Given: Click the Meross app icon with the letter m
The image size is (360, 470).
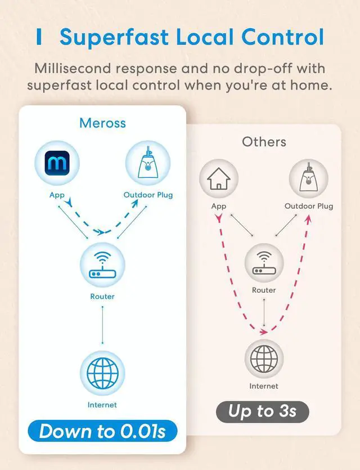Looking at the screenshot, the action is [x=57, y=164].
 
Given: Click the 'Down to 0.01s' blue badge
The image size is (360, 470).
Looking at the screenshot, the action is [x=102, y=431].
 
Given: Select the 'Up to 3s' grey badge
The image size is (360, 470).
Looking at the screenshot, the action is [x=263, y=411].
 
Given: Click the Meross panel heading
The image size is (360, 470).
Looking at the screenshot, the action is [x=102, y=123].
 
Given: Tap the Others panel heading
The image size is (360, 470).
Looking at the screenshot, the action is [x=264, y=141].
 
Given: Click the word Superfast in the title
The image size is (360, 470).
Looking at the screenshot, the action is [x=114, y=37].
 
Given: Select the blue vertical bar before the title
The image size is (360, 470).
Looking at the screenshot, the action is [x=39, y=37].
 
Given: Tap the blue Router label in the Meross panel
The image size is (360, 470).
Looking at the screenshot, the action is [x=102, y=296].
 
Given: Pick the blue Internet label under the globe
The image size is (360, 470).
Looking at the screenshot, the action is [x=102, y=404].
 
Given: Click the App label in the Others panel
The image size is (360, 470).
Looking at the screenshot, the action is [x=219, y=206].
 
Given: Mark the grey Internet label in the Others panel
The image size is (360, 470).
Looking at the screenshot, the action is [x=264, y=386].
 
